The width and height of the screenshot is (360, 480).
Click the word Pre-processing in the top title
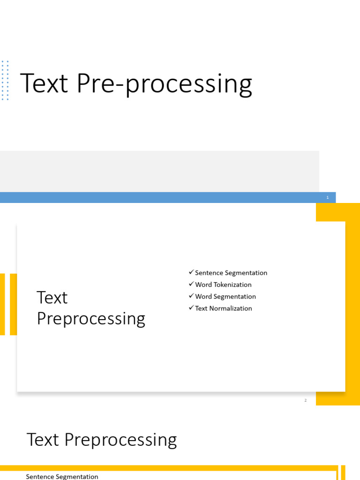165,84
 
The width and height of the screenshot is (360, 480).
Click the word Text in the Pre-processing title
44,83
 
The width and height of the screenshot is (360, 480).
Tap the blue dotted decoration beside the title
5,81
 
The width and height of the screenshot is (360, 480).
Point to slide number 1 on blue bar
328,197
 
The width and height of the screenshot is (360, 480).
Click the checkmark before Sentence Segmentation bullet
191,272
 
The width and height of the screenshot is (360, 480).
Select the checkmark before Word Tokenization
191,284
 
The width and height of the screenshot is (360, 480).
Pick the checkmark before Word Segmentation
191,296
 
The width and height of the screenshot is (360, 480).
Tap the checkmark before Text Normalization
191,307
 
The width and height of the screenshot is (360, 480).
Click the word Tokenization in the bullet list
232,285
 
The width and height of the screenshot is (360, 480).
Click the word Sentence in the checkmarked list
209,273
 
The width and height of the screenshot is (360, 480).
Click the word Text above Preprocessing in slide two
52,298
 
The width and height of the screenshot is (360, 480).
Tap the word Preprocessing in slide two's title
91,319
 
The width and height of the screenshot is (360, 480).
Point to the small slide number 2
306,400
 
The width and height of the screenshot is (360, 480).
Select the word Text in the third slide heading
43,440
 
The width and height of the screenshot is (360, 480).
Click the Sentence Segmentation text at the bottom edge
62,477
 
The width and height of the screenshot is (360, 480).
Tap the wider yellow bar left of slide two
14,304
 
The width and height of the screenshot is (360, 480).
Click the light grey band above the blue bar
159,172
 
